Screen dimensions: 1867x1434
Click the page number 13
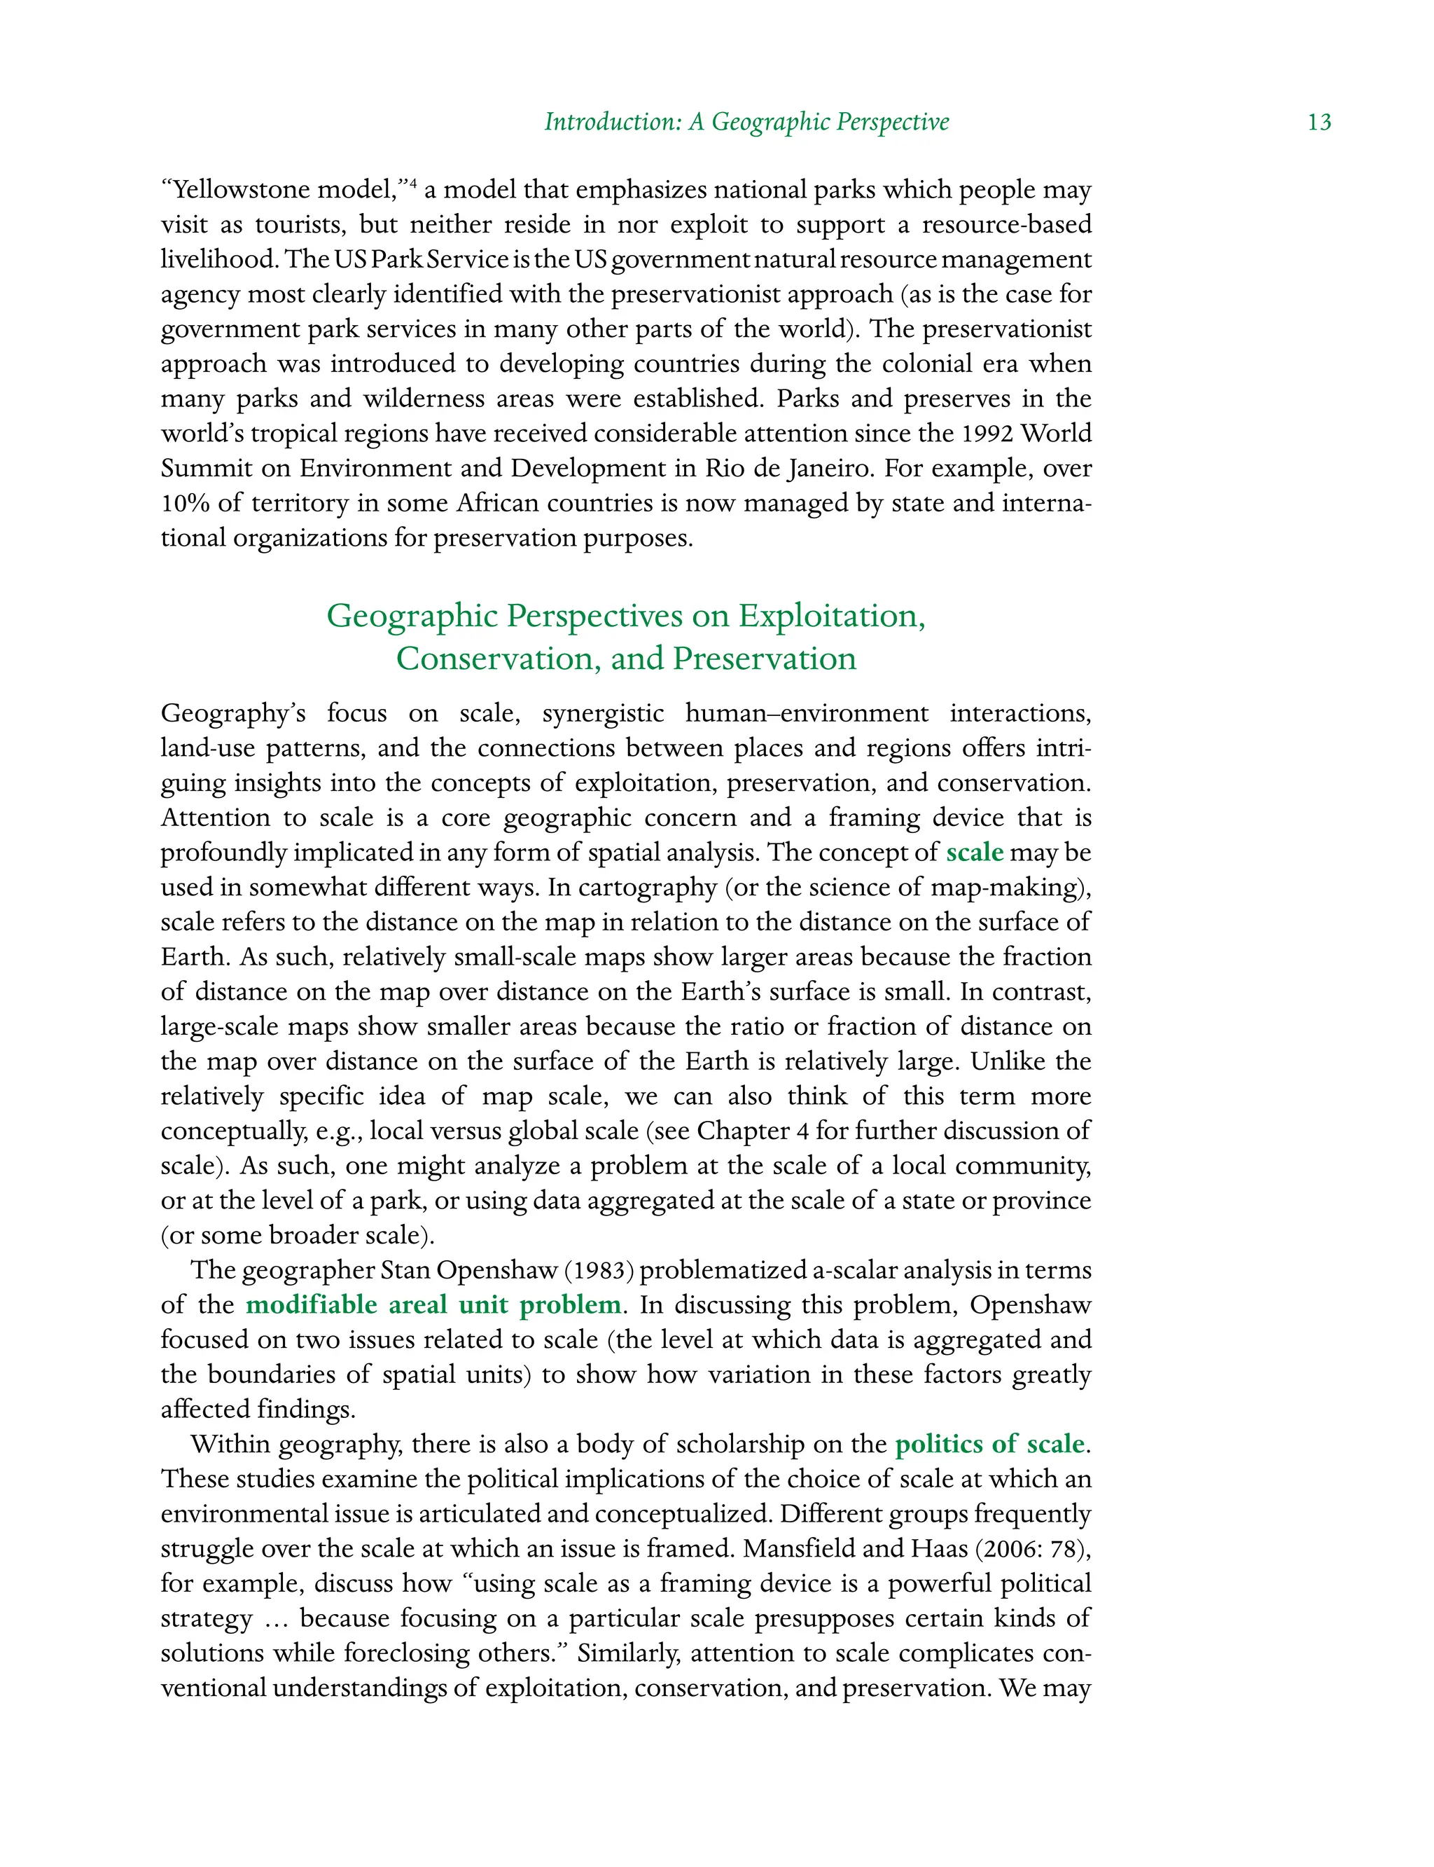(1318, 122)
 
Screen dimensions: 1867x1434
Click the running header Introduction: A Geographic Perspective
(747, 122)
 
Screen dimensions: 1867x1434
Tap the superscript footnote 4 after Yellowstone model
(412, 183)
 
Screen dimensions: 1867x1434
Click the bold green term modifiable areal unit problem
(433, 1305)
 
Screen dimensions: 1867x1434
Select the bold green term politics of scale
(990, 1445)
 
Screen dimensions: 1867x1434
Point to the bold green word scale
(974, 853)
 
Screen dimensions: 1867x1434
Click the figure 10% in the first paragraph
(184, 503)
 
